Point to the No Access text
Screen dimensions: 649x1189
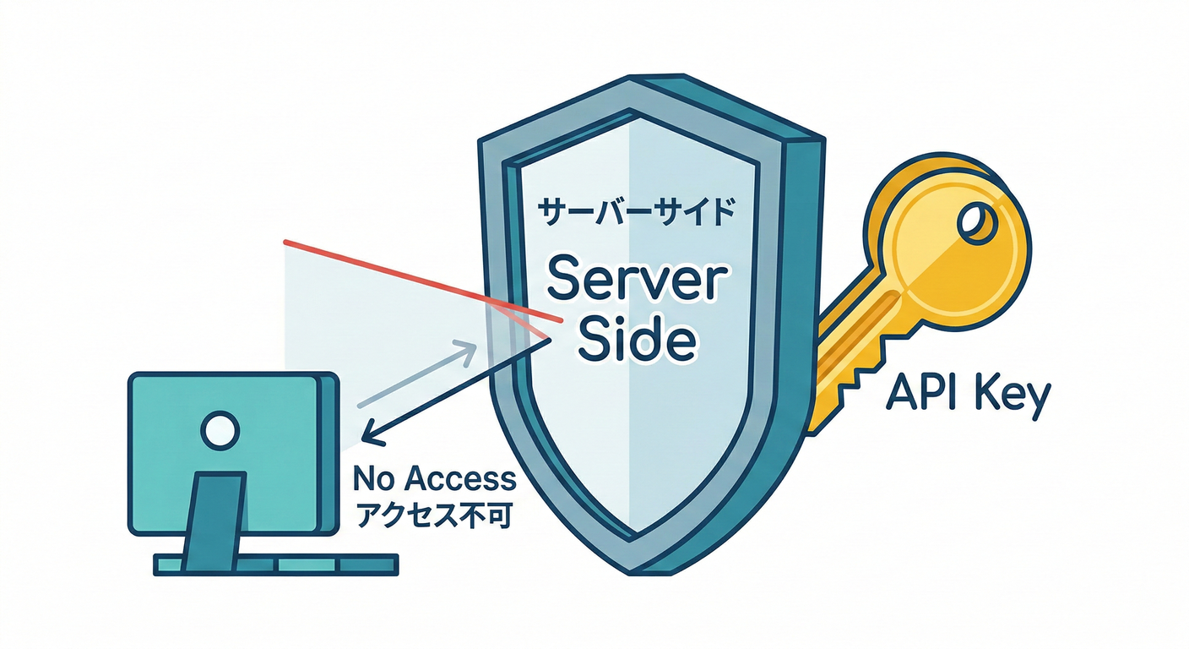coord(434,479)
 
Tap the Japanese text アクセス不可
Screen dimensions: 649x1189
coord(434,514)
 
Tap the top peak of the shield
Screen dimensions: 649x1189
coord(635,80)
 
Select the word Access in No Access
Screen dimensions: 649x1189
coord(461,479)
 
